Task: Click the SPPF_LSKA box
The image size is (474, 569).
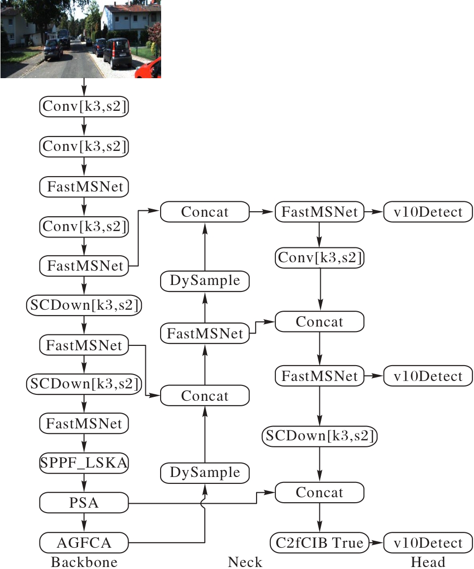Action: pos(84,463)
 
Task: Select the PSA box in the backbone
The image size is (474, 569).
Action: pos(84,503)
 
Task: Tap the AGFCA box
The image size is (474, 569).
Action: pos(84,543)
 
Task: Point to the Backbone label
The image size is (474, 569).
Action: pos(84,562)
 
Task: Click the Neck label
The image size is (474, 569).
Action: pos(245,562)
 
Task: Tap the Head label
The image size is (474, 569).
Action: pos(428,562)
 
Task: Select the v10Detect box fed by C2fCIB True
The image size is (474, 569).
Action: pos(428,543)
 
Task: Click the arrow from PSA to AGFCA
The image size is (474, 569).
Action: pos(84,523)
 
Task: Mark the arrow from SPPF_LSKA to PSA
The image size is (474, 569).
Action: pos(84,483)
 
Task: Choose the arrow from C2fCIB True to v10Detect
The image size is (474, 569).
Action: pos(376,543)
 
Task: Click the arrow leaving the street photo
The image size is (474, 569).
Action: pos(84,88)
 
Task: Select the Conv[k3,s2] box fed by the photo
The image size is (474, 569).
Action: pos(84,107)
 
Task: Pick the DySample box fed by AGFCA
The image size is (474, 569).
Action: pos(205,473)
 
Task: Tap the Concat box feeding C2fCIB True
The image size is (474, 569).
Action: pos(319,493)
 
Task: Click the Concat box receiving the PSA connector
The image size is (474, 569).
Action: pos(319,493)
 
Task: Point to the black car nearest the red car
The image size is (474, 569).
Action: pos(118,53)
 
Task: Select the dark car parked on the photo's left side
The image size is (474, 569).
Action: pos(52,49)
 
